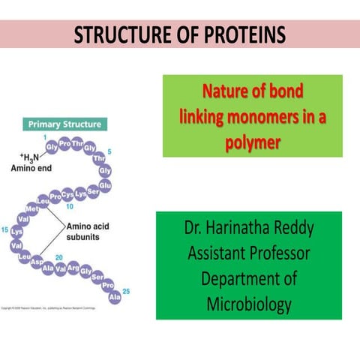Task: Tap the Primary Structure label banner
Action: tap(66, 123)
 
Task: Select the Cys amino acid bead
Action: tap(67, 194)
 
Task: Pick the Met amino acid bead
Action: tap(32, 208)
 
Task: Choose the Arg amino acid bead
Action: tap(73, 267)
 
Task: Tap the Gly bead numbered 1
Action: tap(52, 147)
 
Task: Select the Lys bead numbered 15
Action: tap(16, 232)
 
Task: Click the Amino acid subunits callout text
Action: tap(88, 231)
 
